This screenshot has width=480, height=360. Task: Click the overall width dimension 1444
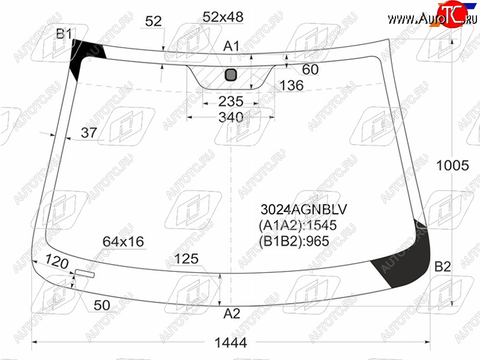(230, 343)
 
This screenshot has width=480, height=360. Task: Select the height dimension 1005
(452, 166)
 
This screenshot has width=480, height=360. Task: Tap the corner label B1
(64, 34)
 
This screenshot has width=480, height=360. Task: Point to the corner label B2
(443, 266)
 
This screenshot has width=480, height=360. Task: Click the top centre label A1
(231, 46)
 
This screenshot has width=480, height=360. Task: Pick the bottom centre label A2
(232, 313)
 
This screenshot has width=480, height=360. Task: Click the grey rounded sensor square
(230, 74)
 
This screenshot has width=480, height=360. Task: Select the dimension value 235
(231, 101)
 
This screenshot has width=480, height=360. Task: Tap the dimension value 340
(231, 117)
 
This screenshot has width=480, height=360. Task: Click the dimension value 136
(292, 85)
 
